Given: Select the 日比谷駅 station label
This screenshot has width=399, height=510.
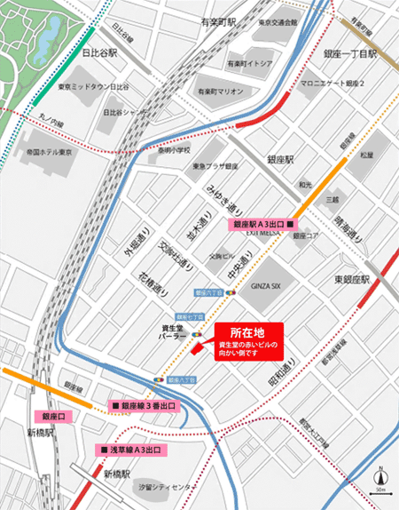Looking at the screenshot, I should tap(100, 53).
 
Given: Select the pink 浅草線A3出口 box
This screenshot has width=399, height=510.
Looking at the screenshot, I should tap(130, 450).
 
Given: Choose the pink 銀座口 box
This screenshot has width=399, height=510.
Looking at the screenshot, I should tap(53, 416).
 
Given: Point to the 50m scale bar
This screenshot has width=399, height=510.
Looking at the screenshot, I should tap(380, 491).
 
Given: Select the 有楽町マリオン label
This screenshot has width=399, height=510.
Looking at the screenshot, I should tap(219, 92).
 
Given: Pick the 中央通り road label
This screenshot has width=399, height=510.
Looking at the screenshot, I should tap(238, 264).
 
